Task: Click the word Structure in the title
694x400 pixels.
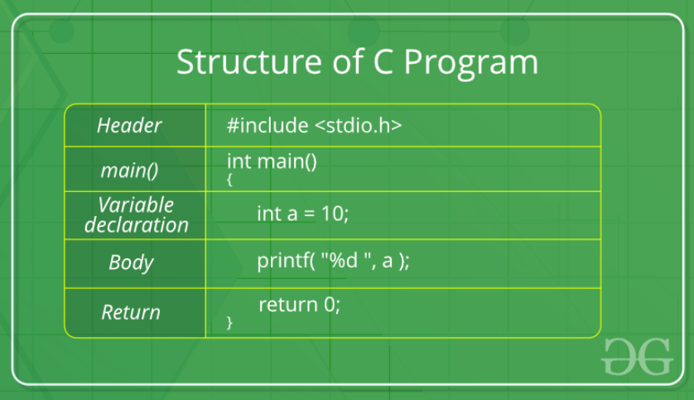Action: [249, 61]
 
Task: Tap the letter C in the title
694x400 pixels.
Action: [383, 61]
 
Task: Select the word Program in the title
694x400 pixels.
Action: [471, 64]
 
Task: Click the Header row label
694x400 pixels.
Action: [129, 126]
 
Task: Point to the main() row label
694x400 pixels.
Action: [129, 171]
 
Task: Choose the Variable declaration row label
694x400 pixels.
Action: [137, 215]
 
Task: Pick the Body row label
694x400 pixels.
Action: [131, 263]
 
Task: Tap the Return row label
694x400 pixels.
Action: [131, 312]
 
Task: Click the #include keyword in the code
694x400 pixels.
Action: [267, 125]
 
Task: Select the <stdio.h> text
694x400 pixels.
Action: [359, 125]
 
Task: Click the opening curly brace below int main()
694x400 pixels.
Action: [229, 180]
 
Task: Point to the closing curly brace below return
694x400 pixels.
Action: [229, 322]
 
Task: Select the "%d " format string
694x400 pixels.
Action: [345, 261]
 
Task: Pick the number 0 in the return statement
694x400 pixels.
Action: [330, 305]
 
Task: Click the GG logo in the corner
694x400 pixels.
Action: [638, 357]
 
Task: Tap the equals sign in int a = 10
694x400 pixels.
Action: [310, 214]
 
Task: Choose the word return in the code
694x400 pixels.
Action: [288, 305]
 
